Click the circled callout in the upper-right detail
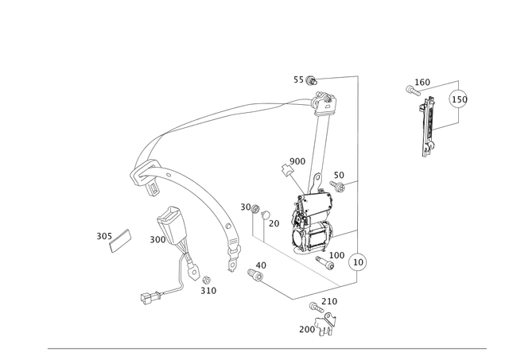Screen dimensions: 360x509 [459, 100]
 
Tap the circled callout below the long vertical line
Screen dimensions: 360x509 [359, 261]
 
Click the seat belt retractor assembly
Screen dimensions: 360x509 [311, 223]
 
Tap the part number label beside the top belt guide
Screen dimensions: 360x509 [304, 79]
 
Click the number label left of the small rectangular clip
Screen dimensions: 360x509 [102, 234]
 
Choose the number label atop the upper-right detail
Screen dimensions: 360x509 [419, 83]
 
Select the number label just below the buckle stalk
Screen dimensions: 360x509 [208, 290]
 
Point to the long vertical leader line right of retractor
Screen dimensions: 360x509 [359, 159]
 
